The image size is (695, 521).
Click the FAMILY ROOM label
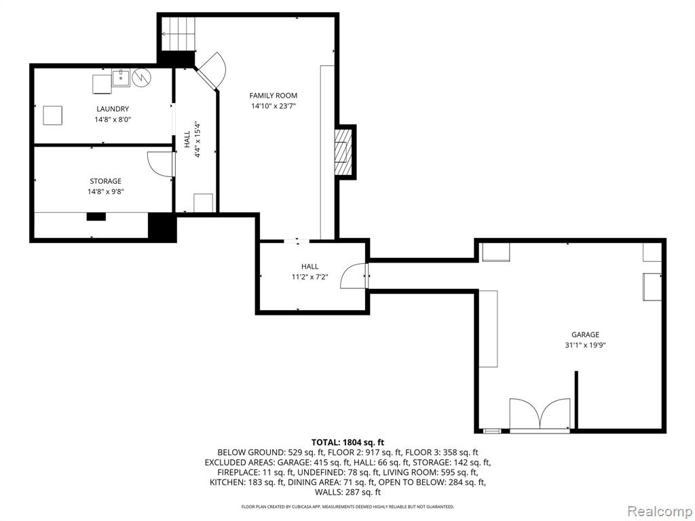[273, 95]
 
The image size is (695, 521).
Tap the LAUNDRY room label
[113, 109]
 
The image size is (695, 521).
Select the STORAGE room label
[105, 181]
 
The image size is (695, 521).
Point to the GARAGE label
[585, 335]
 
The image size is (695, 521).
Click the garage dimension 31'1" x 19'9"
[585, 345]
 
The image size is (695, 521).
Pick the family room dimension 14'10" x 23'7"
[273, 106]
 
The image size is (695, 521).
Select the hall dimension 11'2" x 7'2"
[309, 277]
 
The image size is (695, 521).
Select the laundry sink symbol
[121, 78]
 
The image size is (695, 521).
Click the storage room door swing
[160, 164]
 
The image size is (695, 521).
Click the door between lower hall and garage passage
[354, 276]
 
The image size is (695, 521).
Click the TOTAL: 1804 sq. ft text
[347, 442]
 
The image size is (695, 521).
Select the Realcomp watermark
[660, 511]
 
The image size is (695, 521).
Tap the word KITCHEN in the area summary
[227, 482]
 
